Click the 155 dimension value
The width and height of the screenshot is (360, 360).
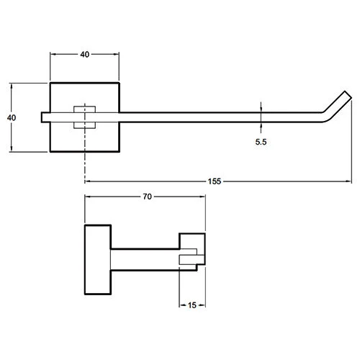[x=215, y=181]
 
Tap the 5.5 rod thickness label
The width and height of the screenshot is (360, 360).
[x=261, y=142]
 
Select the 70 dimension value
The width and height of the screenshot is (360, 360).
[x=147, y=197]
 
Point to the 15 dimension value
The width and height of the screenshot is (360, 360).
[x=192, y=305]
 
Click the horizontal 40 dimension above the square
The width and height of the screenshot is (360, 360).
[x=85, y=55]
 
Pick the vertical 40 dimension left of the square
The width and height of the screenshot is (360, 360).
[x=12, y=117]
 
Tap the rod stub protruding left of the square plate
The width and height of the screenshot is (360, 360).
[x=45, y=117]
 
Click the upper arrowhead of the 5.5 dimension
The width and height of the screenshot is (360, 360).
[x=261, y=109]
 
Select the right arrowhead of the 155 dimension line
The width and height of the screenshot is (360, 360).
[x=348, y=181]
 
